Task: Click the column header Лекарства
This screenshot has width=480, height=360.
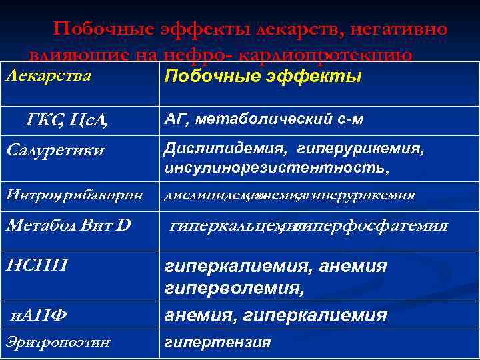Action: [47, 75]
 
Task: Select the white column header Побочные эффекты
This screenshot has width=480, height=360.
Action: [263, 76]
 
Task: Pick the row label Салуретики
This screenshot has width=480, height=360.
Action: [55, 150]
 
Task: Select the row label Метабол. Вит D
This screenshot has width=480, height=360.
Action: [67, 226]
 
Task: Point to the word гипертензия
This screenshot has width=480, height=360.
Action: [218, 343]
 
